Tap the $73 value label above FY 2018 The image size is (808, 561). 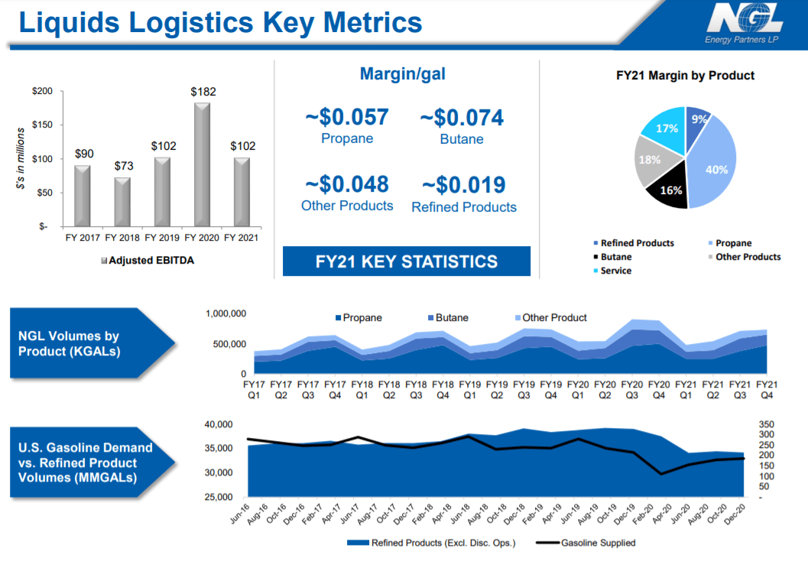coord(123,166)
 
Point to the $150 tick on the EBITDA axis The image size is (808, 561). coord(42,125)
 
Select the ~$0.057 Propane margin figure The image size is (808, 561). coord(347,118)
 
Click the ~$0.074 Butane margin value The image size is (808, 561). coord(462,118)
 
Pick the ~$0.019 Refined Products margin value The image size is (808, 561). coord(463,185)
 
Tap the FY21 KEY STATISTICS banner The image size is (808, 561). coord(406,261)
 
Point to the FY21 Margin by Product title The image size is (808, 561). coord(685,76)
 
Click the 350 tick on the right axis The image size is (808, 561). coord(766,424)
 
